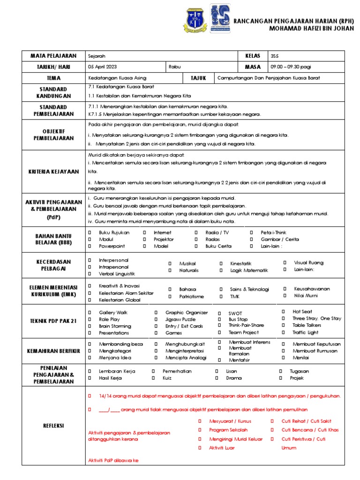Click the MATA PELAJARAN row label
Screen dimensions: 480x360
click(x=53, y=56)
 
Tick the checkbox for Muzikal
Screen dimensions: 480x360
click(x=170, y=264)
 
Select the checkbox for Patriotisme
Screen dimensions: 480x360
click(x=170, y=296)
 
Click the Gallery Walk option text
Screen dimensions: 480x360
click(x=112, y=313)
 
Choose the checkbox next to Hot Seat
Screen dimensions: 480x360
click(x=284, y=311)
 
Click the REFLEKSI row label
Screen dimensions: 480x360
click(x=53, y=426)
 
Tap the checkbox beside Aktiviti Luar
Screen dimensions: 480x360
click(x=199, y=448)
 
